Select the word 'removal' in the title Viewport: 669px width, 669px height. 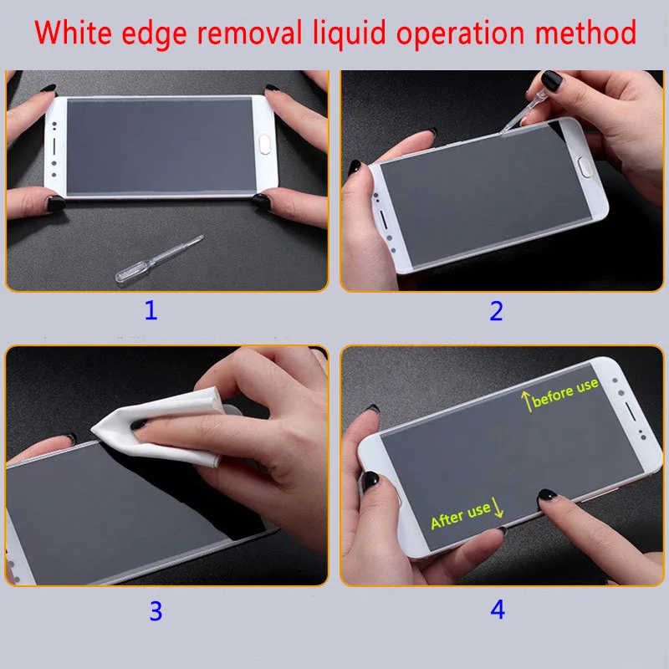pos(247,33)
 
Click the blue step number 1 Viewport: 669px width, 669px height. pos(151,312)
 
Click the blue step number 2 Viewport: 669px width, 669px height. pos(497,312)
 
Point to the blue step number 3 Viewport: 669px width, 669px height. pos(156,610)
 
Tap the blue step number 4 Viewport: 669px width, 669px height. pos(498,610)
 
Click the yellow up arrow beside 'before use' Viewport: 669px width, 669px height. pos(527,401)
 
